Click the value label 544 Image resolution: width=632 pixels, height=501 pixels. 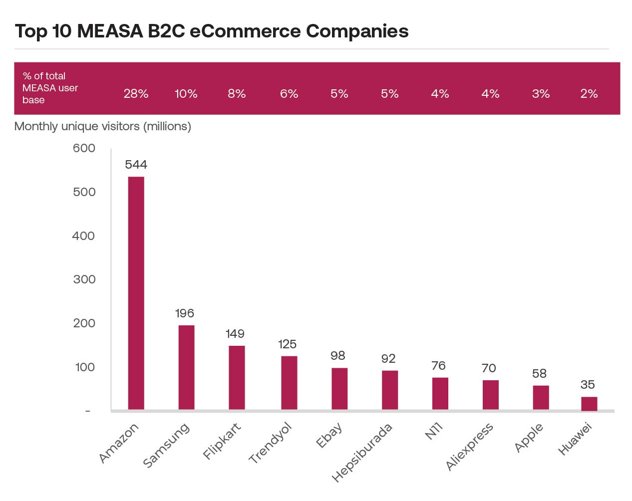click(x=136, y=165)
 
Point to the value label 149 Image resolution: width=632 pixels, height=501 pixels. click(x=235, y=334)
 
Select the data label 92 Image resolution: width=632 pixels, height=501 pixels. click(x=388, y=359)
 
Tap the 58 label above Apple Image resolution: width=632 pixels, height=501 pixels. click(x=539, y=374)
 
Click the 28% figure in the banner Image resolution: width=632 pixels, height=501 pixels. click(x=136, y=94)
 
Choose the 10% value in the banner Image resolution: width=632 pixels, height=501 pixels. click(x=186, y=94)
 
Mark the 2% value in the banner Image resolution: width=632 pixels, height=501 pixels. click(x=589, y=94)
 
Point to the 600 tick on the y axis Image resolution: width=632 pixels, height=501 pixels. click(x=84, y=148)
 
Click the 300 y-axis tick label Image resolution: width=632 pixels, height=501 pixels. click(x=84, y=279)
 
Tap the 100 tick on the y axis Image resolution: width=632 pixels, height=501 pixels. click(x=85, y=367)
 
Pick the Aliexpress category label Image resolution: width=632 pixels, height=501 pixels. click(x=469, y=447)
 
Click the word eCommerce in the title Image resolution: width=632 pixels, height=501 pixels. click(x=245, y=31)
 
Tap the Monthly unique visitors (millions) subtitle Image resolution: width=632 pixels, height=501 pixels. click(x=103, y=126)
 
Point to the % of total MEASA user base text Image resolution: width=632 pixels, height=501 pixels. click(x=50, y=88)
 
